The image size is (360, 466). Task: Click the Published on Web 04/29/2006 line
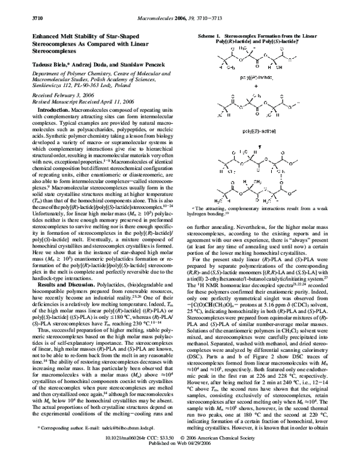pos(180,460)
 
